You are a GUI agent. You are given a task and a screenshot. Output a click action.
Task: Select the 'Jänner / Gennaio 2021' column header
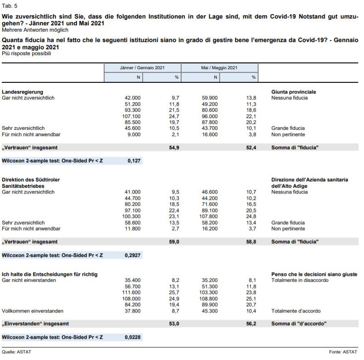click(x=142, y=68)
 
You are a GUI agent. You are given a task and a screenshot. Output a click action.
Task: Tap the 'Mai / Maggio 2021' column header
click(x=219, y=68)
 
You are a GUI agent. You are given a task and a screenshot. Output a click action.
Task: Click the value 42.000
click(x=133, y=98)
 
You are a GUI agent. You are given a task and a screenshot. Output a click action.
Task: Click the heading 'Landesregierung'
click(x=23, y=92)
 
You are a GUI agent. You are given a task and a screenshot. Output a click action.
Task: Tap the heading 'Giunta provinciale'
click(x=293, y=92)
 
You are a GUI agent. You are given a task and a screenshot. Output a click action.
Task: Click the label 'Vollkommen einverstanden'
click(x=33, y=311)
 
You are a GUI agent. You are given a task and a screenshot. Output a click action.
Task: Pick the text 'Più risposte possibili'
click(x=26, y=53)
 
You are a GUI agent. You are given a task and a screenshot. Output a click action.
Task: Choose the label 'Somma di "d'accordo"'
click(x=299, y=324)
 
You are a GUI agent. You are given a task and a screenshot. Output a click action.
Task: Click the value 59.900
click(x=210, y=98)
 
